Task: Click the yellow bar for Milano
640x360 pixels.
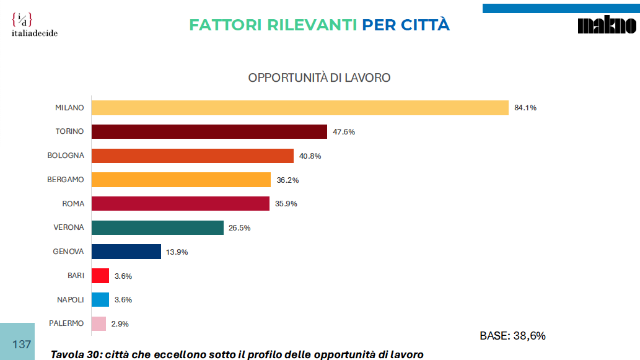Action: tap(300, 108)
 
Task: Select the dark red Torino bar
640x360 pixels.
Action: tap(209, 131)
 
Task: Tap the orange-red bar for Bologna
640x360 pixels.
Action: tap(192, 156)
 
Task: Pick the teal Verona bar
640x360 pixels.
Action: tap(157, 227)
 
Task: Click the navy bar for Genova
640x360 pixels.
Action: tap(126, 252)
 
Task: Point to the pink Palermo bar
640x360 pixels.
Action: tap(99, 323)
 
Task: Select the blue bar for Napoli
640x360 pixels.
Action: tap(100, 299)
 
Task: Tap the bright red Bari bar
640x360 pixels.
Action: tap(100, 276)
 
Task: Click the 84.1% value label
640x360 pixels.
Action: tap(525, 108)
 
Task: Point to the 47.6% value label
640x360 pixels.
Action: tap(343, 132)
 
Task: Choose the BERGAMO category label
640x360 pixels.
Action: tap(65, 180)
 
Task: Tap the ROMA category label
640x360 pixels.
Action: tap(73, 204)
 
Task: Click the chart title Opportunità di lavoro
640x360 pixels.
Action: tap(319, 78)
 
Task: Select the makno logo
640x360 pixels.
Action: tap(607, 25)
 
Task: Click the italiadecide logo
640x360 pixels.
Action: tap(35, 25)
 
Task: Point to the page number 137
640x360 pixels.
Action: tap(22, 344)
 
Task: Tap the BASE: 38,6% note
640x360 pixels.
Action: tap(512, 336)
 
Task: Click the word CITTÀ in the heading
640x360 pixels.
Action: tap(424, 25)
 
